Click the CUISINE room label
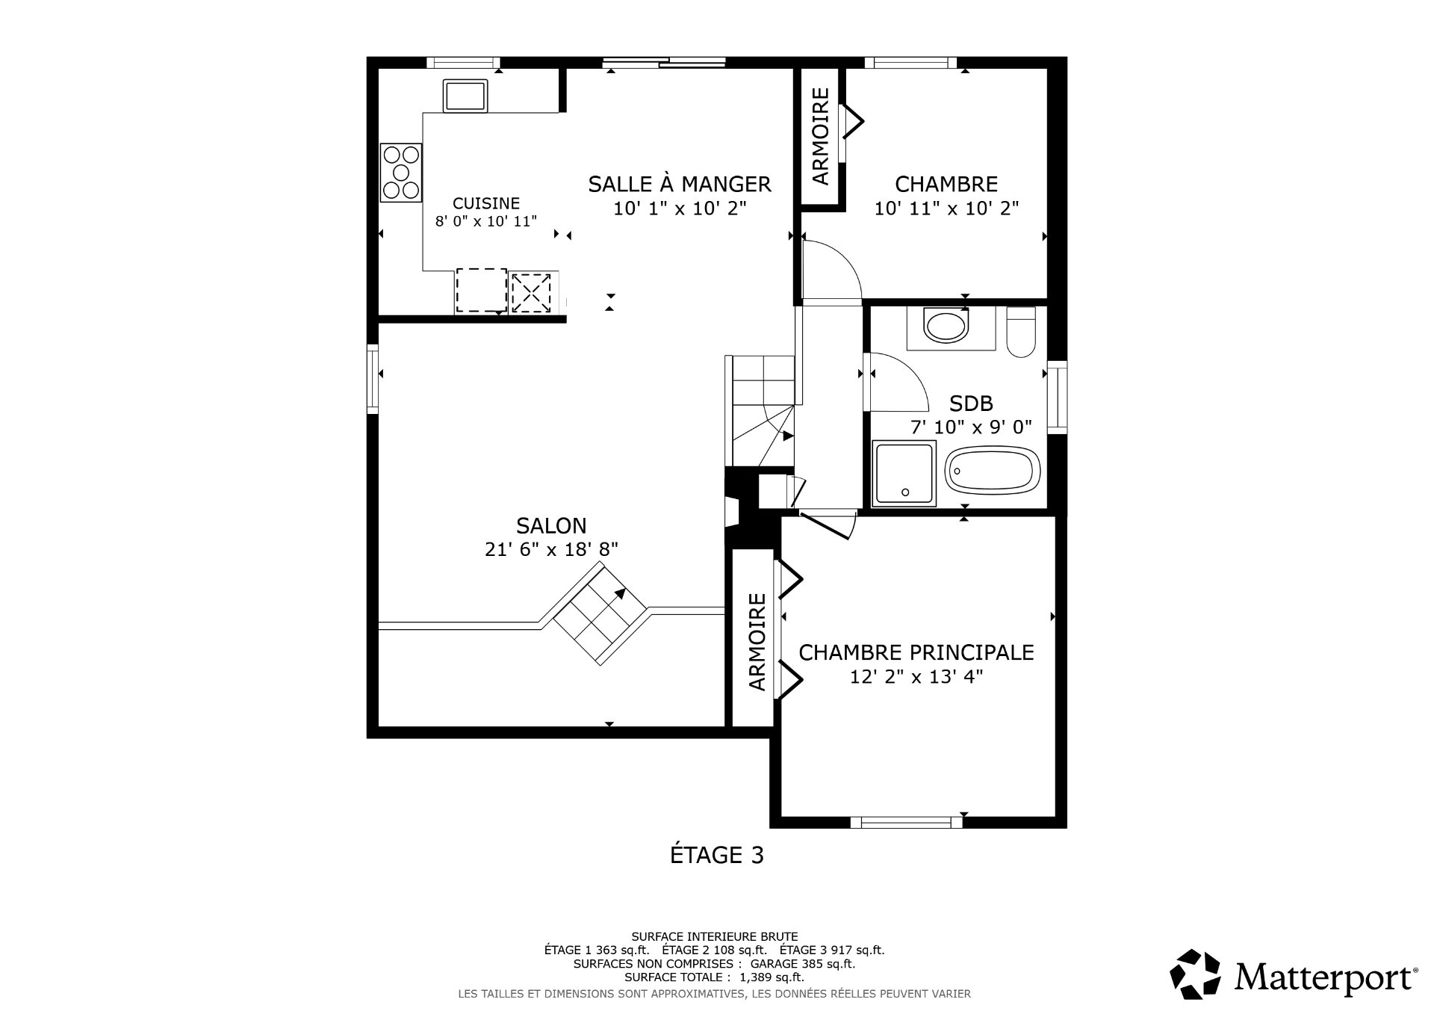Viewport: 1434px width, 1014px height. pyautogui.click(x=486, y=203)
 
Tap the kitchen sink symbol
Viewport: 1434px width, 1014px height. pyautogui.click(x=465, y=96)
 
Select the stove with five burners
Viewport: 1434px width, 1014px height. pyautogui.click(x=401, y=173)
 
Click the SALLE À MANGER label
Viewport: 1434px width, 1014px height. pyautogui.click(x=679, y=184)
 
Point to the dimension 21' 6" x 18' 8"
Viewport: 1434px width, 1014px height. pyautogui.click(x=551, y=550)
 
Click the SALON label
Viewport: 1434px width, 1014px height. pyautogui.click(x=551, y=525)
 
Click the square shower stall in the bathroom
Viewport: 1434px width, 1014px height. pyautogui.click(x=904, y=472)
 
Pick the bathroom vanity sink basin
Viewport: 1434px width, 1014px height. pyautogui.click(x=945, y=327)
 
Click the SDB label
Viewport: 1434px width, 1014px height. pyautogui.click(x=971, y=404)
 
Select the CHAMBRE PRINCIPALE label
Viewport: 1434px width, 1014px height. pyautogui.click(x=916, y=652)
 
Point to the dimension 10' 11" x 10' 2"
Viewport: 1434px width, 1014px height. pyautogui.click(x=946, y=208)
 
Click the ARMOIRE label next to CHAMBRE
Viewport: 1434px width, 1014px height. pyautogui.click(x=821, y=136)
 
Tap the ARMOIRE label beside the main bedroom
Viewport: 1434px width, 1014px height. pyautogui.click(x=757, y=641)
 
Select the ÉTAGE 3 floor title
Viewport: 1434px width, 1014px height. pyautogui.click(x=716, y=855)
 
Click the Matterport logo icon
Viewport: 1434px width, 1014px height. pyautogui.click(x=1195, y=974)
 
